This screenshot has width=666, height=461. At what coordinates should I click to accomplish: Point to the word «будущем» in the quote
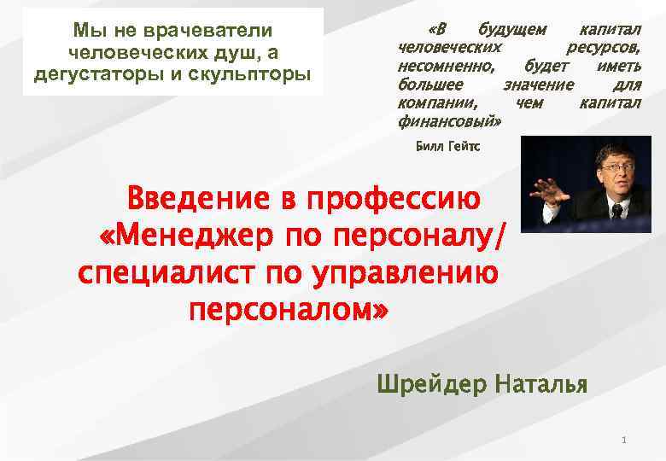point(512,30)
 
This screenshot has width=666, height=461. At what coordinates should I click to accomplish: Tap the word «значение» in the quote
point(538,85)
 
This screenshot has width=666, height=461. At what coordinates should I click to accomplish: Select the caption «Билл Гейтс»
point(447,147)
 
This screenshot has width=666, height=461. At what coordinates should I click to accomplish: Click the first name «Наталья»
point(540,384)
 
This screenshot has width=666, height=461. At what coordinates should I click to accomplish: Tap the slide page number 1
point(625,441)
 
